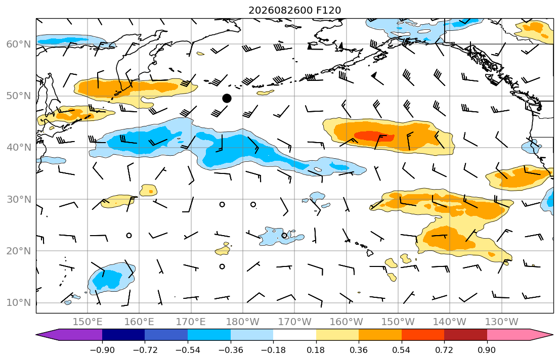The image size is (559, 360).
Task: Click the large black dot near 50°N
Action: (x=227, y=99)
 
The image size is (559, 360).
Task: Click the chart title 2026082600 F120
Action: (x=294, y=10)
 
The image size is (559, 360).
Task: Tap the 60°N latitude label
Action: (x=19, y=44)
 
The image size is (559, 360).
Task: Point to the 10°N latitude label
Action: (x=19, y=303)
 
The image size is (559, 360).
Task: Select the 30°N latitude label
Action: (x=19, y=199)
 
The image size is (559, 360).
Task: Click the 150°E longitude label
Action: (x=88, y=322)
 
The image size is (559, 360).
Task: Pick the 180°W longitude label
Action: (x=243, y=322)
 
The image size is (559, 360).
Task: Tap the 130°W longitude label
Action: (x=502, y=322)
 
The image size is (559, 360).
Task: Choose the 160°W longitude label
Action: (x=347, y=322)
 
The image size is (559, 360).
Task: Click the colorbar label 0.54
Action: (x=401, y=350)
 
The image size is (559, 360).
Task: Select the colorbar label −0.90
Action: (x=102, y=350)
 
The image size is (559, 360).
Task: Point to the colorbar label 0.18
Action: (x=316, y=350)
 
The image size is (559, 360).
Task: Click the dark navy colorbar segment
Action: (x=123, y=335)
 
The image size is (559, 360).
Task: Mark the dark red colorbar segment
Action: (x=465, y=335)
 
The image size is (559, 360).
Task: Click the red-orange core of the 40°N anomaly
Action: (x=374, y=136)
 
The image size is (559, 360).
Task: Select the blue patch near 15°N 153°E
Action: (x=111, y=279)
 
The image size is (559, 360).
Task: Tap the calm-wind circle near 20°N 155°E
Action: (x=129, y=236)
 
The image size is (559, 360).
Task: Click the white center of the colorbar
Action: (x=294, y=335)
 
